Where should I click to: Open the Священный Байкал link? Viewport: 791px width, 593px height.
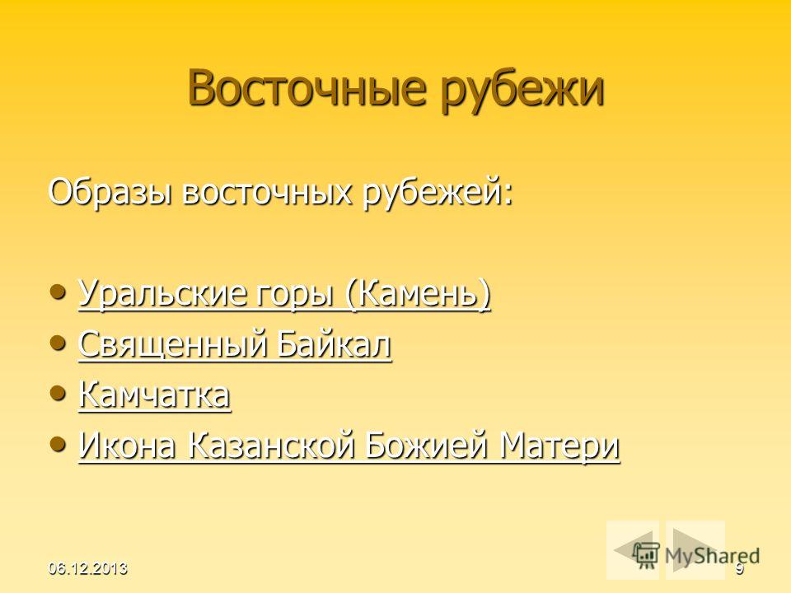235,345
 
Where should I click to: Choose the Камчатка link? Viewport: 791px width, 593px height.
155,395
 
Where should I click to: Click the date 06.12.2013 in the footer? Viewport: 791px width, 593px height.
88,568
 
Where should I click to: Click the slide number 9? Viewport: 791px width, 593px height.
739,569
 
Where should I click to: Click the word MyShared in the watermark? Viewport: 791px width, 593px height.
712,556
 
